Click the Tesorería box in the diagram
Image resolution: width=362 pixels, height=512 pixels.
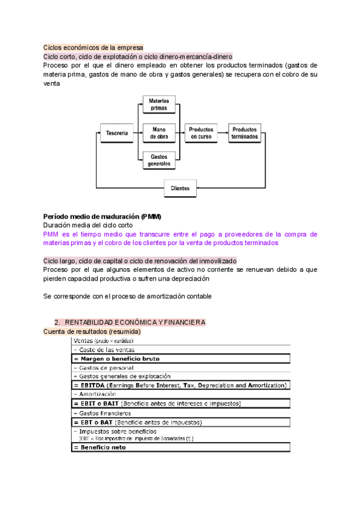point(116,133)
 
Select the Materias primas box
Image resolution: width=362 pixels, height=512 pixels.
point(159,104)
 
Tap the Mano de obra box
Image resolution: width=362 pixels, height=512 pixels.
point(159,133)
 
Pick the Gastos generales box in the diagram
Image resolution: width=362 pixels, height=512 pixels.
point(159,160)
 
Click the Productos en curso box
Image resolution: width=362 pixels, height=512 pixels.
point(201,133)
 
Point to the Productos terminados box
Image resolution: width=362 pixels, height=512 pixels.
point(244,133)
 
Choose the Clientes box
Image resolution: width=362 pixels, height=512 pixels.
point(179,188)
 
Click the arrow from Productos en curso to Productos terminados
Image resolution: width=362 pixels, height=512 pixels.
point(223,133)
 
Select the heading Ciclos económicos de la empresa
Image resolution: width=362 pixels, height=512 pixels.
point(93,47)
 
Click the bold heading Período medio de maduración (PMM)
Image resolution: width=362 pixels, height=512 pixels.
point(102,216)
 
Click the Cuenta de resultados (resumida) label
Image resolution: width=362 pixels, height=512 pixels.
point(92,331)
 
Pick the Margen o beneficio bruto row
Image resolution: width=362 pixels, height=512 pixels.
point(181,359)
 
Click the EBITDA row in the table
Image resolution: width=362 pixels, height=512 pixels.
point(181,385)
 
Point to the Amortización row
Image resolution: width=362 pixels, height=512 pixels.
point(181,394)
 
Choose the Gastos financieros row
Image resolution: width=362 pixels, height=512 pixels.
point(181,413)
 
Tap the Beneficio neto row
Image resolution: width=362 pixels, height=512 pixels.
point(181,447)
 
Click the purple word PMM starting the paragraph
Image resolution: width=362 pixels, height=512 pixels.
point(52,234)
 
